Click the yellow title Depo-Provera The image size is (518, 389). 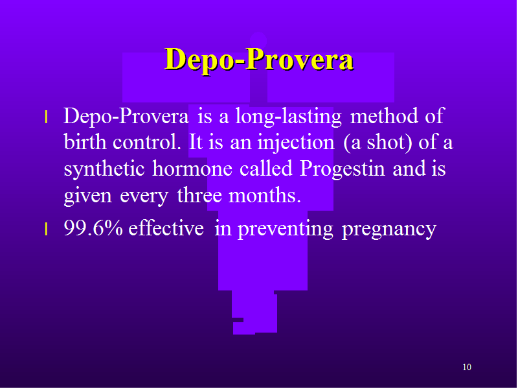pyautogui.click(x=259, y=60)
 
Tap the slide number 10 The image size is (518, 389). pyautogui.click(x=467, y=367)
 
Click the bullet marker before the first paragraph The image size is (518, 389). pyautogui.click(x=46, y=117)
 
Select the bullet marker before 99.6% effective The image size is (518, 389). pyautogui.click(x=46, y=230)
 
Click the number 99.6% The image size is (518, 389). pyautogui.click(x=93, y=228)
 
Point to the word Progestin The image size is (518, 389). pyautogui.click(x=343, y=169)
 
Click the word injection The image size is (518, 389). pyautogui.click(x=296, y=143)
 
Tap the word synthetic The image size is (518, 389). pyautogui.click(x=104, y=169)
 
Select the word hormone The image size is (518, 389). pyautogui.click(x=192, y=169)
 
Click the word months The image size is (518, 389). pyautogui.click(x=265, y=195)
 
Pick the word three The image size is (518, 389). pyautogui.click(x=199, y=195)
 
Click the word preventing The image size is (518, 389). pyautogui.click(x=286, y=230)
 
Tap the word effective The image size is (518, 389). pyautogui.click(x=166, y=228)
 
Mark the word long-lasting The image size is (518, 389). pyautogui.click(x=288, y=117)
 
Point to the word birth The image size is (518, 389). pyautogui.click(x=85, y=142)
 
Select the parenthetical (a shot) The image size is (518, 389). pyautogui.click(x=377, y=143)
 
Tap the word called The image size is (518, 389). pyautogui.click(x=266, y=169)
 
